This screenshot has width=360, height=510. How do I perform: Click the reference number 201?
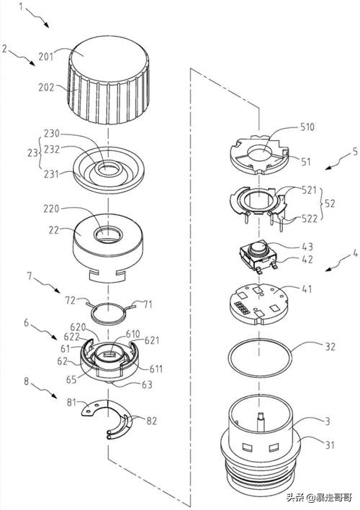[46, 57]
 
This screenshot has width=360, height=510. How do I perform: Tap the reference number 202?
[46, 88]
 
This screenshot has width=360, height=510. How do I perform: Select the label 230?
[52, 134]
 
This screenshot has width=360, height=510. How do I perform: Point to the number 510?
[307, 127]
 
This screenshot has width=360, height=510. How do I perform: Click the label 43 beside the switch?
[307, 247]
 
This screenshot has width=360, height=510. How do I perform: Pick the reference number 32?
[330, 347]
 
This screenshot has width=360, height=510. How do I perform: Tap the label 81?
[71, 403]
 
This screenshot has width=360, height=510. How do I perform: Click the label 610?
[132, 334]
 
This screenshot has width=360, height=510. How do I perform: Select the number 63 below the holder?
[147, 384]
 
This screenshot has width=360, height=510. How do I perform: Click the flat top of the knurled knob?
[109, 61]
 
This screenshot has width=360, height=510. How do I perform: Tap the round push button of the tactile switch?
[258, 248]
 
